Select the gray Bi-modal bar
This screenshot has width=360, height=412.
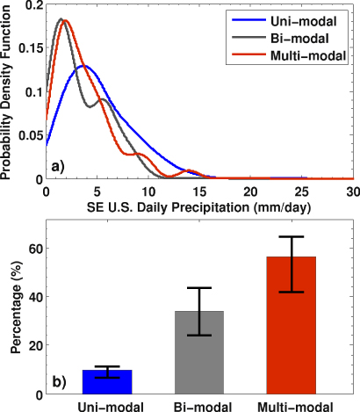[x=200, y=352]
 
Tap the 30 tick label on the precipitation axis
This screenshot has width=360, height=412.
[x=352, y=191]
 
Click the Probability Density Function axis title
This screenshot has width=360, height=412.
[x=7, y=90]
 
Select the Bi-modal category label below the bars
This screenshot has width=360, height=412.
[x=200, y=405]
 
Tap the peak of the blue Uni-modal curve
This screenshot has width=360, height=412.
[x=83, y=66]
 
